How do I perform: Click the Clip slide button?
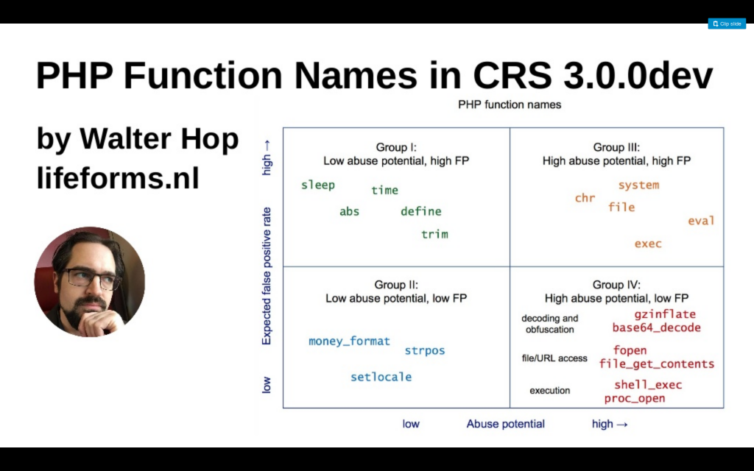pyautogui.click(x=727, y=24)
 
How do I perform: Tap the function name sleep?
pyautogui.click(x=318, y=185)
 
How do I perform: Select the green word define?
pyautogui.click(x=420, y=211)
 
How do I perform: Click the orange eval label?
pyautogui.click(x=701, y=221)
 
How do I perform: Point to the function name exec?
pyautogui.click(x=648, y=244)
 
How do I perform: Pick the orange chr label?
pyautogui.click(x=585, y=197)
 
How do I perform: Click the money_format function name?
pyautogui.click(x=349, y=341)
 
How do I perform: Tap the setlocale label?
pyautogui.click(x=381, y=377)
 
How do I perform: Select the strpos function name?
pyautogui.click(x=425, y=351)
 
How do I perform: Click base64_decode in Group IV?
pyautogui.click(x=656, y=327)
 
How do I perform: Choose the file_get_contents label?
pyautogui.click(x=656, y=364)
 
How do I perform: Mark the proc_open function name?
pyautogui.click(x=635, y=398)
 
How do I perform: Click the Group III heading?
pyautogui.click(x=616, y=155)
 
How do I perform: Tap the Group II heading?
pyautogui.click(x=396, y=291)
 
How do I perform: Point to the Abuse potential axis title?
pyautogui.click(x=505, y=424)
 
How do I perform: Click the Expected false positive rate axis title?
pyautogui.click(x=267, y=276)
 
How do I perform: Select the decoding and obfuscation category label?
pyautogui.click(x=549, y=324)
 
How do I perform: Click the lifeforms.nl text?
pyautogui.click(x=118, y=178)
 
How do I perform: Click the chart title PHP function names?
pyautogui.click(x=510, y=105)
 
